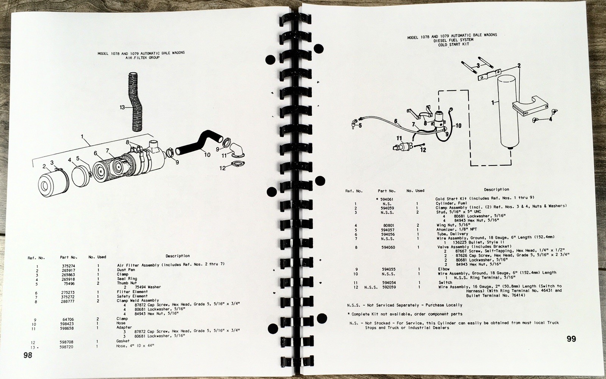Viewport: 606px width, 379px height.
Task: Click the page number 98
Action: click(x=28, y=355)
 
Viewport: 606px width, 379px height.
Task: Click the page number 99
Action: click(x=572, y=339)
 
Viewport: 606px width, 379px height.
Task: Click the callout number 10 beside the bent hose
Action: click(x=207, y=154)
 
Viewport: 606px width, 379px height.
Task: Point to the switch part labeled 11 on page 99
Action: click(x=403, y=146)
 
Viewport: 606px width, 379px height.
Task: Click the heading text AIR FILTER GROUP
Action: click(x=141, y=58)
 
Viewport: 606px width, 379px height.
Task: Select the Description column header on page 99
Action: click(x=496, y=189)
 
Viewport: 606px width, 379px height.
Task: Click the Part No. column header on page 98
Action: click(x=69, y=257)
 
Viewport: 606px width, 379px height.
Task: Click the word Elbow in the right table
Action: click(x=444, y=269)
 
